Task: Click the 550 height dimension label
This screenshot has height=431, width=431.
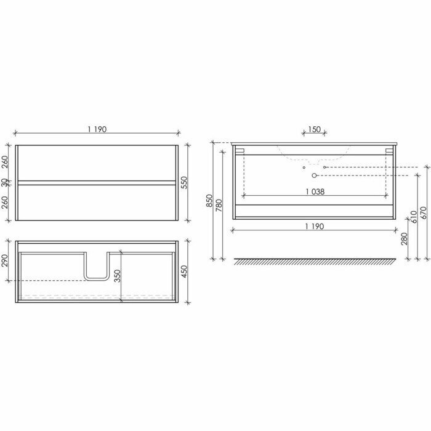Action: click(185, 182)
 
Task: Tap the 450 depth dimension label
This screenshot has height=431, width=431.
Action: click(185, 272)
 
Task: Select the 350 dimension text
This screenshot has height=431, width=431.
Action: click(118, 276)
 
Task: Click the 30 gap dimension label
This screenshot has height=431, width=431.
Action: click(5, 183)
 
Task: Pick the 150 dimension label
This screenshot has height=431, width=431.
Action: click(314, 129)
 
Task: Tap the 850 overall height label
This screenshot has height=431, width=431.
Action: click(209, 201)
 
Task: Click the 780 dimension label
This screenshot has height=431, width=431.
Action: click(219, 205)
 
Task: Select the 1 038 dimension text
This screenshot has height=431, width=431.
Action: click(315, 191)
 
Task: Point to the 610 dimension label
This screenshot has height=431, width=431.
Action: click(414, 217)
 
